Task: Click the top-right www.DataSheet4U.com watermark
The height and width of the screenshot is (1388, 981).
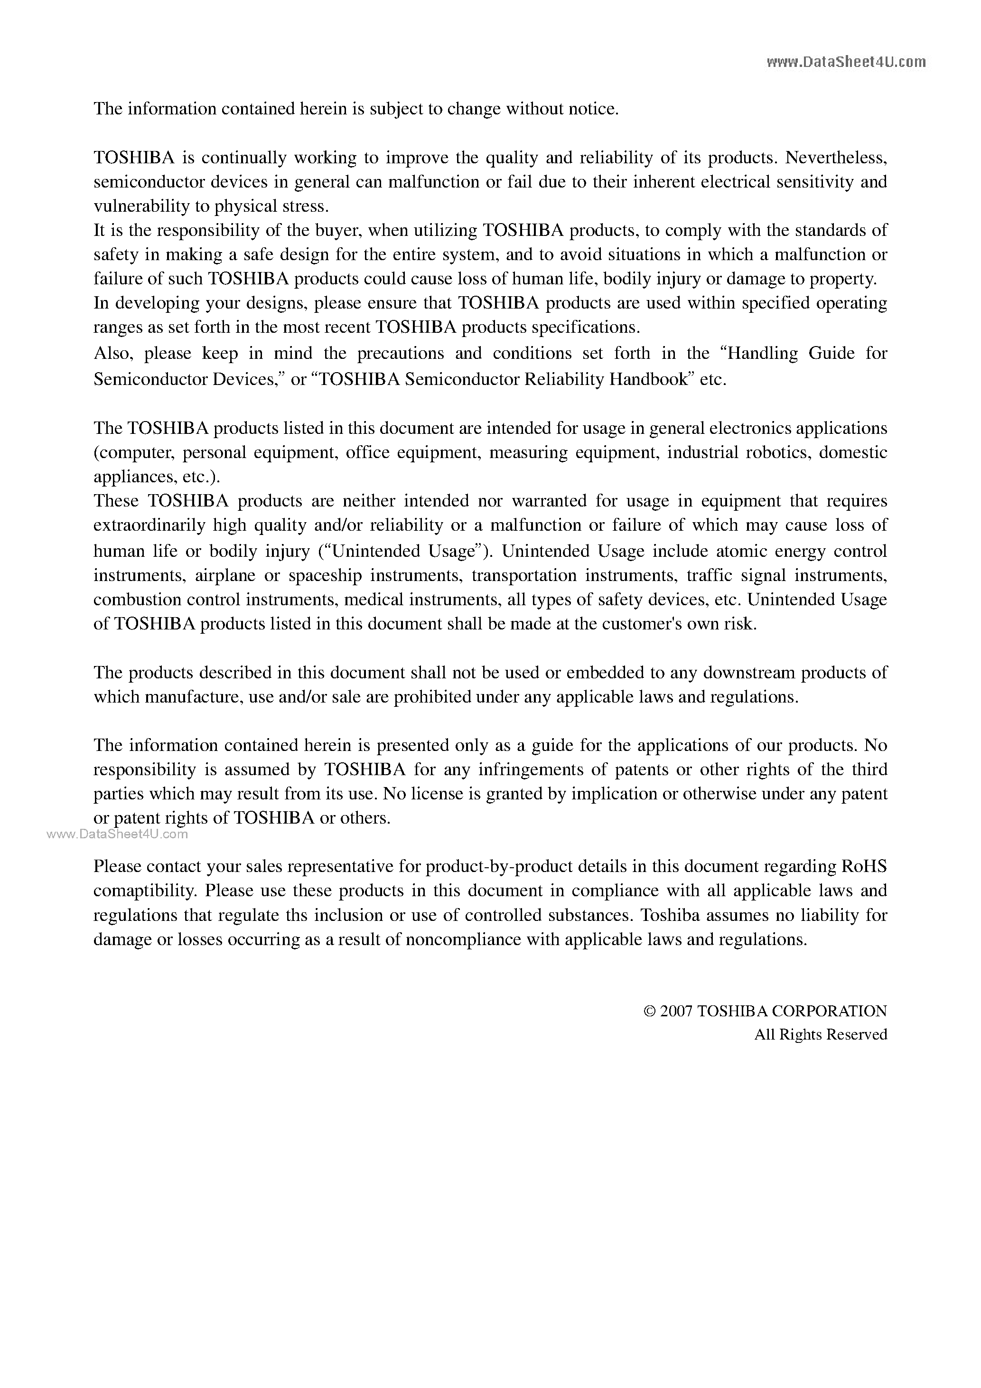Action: tap(846, 62)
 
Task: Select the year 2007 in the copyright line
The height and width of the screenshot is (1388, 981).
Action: tap(676, 1012)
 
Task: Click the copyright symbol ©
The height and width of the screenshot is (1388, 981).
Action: tap(650, 1012)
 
